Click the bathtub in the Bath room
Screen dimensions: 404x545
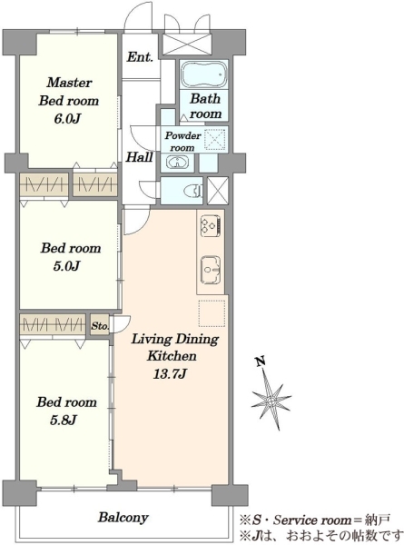click(204, 75)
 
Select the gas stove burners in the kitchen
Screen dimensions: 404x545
click(211, 225)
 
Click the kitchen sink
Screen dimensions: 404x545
click(211, 271)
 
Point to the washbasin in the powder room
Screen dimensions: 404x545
click(177, 163)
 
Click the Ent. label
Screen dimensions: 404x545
click(140, 56)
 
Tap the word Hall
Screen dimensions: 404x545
click(139, 157)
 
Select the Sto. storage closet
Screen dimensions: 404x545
click(100, 325)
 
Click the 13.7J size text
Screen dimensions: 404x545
click(170, 374)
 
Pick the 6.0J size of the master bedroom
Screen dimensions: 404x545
click(67, 119)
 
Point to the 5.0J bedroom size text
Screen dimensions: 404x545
click(67, 266)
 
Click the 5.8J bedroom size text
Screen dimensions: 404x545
click(63, 421)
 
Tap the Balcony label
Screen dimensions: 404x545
click(123, 518)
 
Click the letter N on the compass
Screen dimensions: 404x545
click(261, 362)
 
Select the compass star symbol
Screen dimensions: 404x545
click(271, 400)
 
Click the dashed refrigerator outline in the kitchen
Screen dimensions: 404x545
click(212, 313)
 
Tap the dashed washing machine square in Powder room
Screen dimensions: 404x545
click(216, 139)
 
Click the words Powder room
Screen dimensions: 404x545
click(182, 141)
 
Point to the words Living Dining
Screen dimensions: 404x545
click(174, 339)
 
